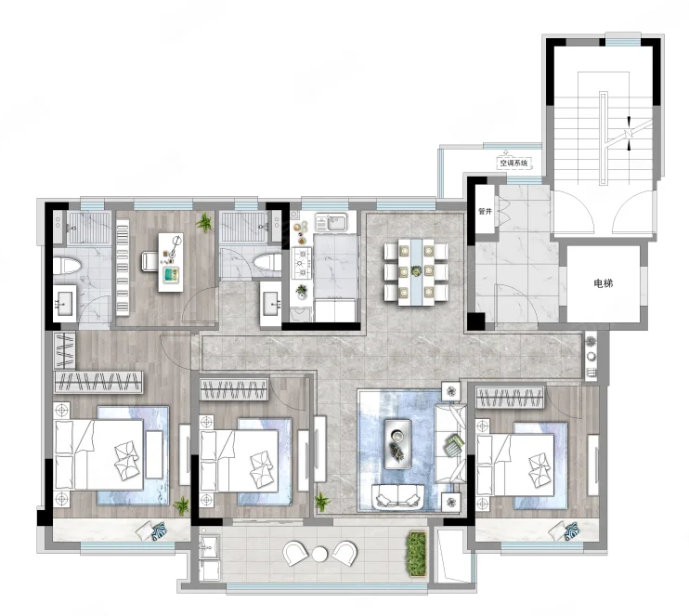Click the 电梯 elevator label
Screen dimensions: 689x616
point(603,283)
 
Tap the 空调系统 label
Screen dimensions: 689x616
point(514,163)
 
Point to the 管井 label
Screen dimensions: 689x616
point(485,212)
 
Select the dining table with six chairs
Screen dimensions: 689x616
point(416,271)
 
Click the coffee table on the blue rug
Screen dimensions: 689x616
point(397,443)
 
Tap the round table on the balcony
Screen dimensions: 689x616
point(319,554)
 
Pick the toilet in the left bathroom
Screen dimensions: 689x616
point(67,266)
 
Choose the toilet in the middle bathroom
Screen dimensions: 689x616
point(267,262)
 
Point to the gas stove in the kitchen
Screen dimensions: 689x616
point(302,263)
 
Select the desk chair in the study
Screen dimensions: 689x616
point(149,261)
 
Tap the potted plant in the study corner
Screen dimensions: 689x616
point(204,222)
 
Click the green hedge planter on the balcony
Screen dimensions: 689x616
point(417,554)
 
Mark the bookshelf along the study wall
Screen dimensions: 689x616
point(123,268)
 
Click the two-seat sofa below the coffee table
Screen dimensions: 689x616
point(398,497)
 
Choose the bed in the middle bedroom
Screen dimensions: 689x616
point(239,461)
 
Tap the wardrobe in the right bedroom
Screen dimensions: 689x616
point(510,398)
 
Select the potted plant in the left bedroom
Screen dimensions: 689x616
point(181,505)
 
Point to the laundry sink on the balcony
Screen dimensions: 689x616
point(209,547)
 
